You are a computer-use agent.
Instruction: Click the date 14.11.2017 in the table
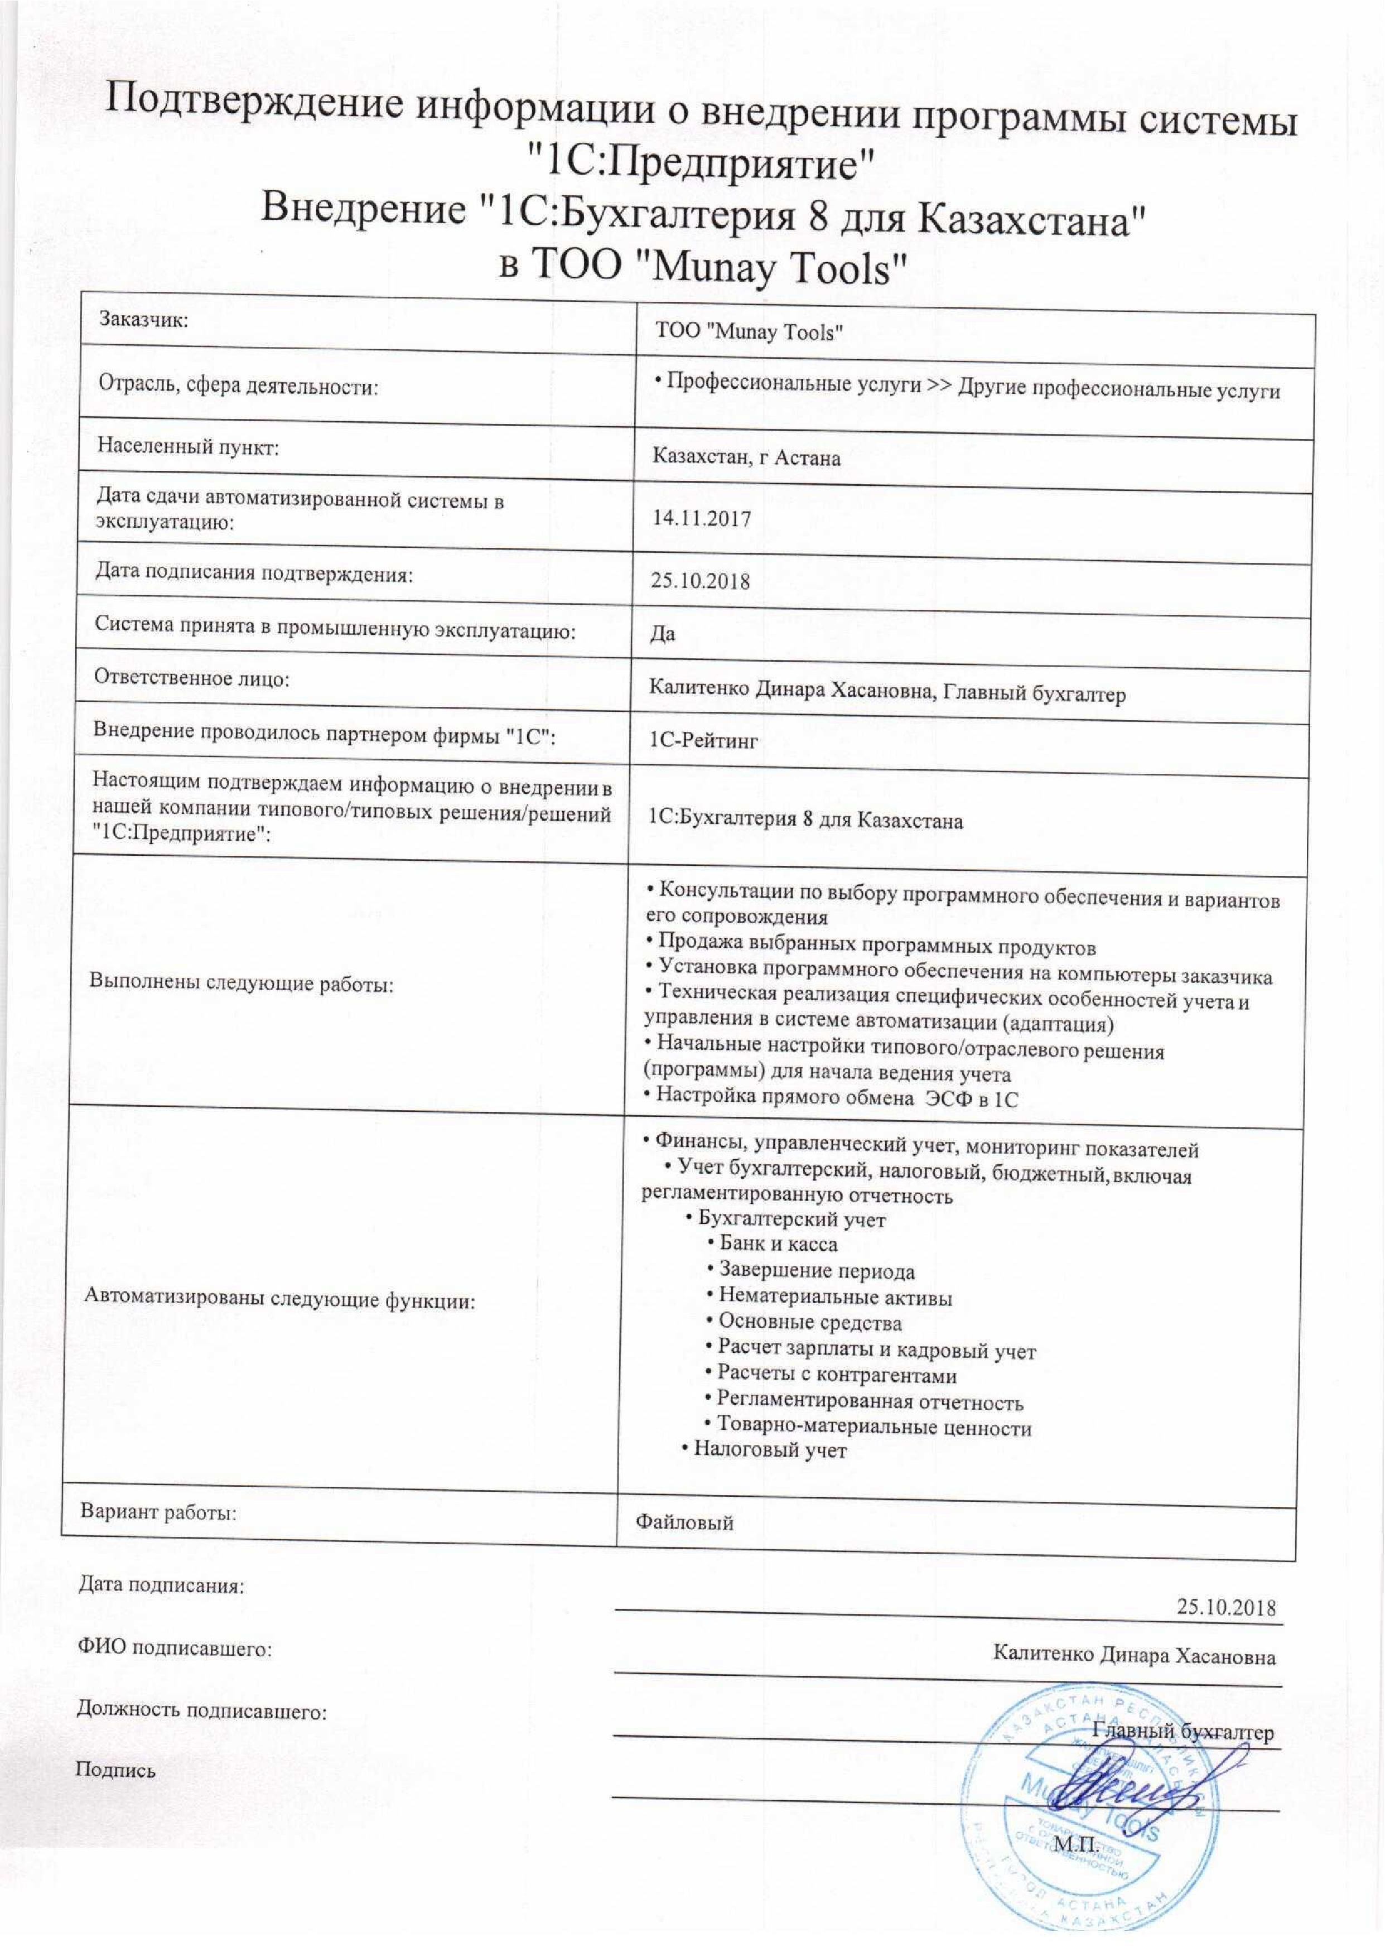701,518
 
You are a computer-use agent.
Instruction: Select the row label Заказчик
143,320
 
